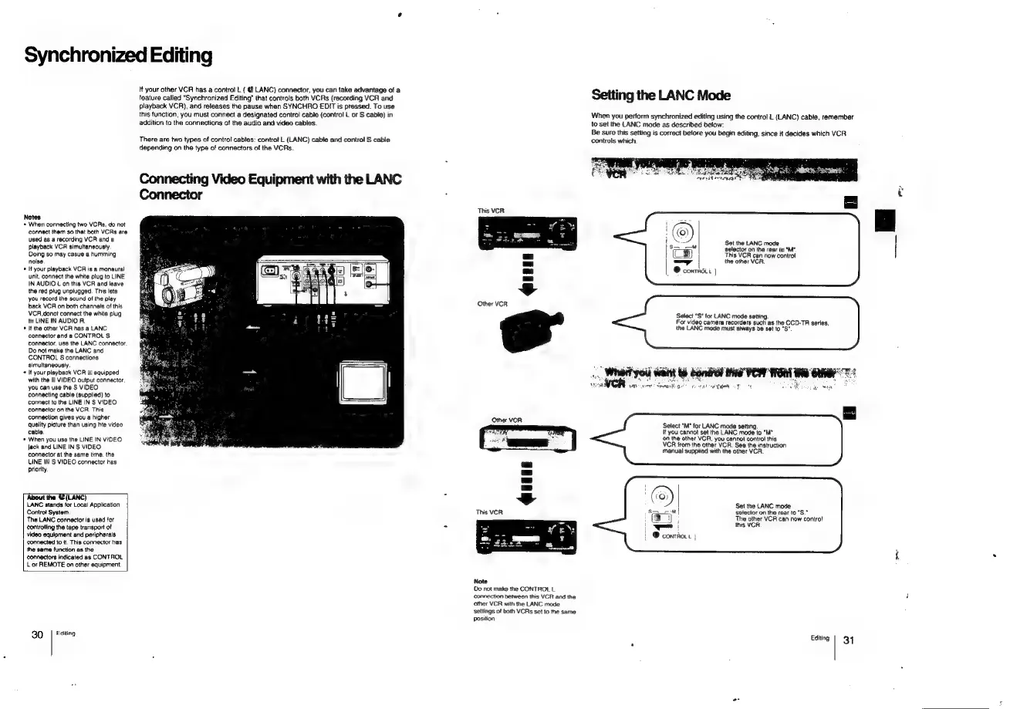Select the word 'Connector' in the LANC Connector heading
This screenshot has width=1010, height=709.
171,196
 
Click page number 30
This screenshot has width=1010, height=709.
36,635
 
